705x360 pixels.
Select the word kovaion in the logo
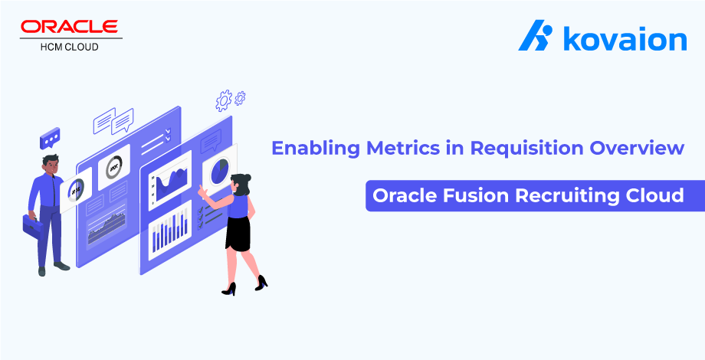[625, 38]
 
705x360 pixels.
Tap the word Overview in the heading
[636, 147]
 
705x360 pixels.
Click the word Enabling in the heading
[309, 147]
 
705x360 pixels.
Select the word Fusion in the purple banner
[470, 195]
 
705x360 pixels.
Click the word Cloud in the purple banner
[657, 195]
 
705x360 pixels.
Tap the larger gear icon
[224, 100]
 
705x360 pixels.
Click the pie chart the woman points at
[221, 170]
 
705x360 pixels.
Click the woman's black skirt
[238, 234]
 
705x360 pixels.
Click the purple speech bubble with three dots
[50, 139]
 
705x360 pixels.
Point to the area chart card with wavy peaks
[170, 180]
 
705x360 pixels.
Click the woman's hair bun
[247, 178]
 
